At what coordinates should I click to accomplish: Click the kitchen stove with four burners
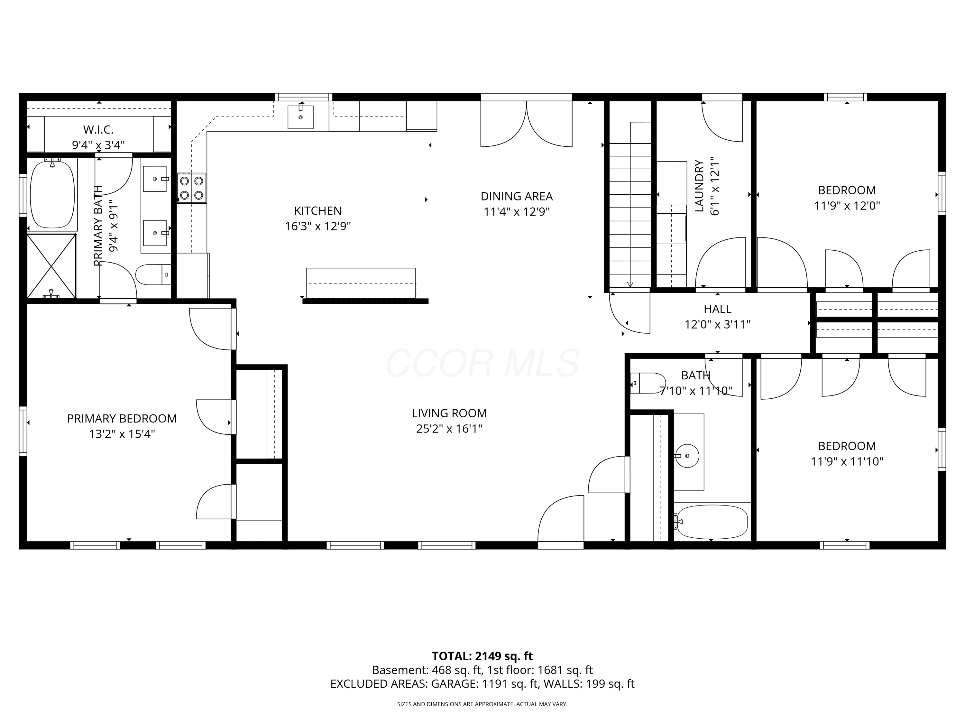pyautogui.click(x=191, y=188)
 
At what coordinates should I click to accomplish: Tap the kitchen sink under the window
pyautogui.click(x=300, y=117)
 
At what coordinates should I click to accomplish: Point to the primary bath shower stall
pyautogui.click(x=51, y=266)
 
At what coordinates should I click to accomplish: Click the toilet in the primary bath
pyautogui.click(x=153, y=274)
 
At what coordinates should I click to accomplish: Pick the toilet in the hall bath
pyautogui.click(x=648, y=383)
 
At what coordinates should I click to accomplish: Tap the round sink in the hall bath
pyautogui.click(x=687, y=456)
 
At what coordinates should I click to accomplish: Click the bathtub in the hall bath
pyautogui.click(x=712, y=522)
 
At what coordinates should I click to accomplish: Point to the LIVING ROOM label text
pyautogui.click(x=449, y=413)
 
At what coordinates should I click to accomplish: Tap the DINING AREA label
pyautogui.click(x=517, y=196)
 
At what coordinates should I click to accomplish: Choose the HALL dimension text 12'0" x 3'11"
pyautogui.click(x=717, y=325)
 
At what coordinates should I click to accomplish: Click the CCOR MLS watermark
pyautogui.click(x=482, y=363)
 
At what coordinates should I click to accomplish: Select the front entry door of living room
pyautogui.click(x=561, y=522)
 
